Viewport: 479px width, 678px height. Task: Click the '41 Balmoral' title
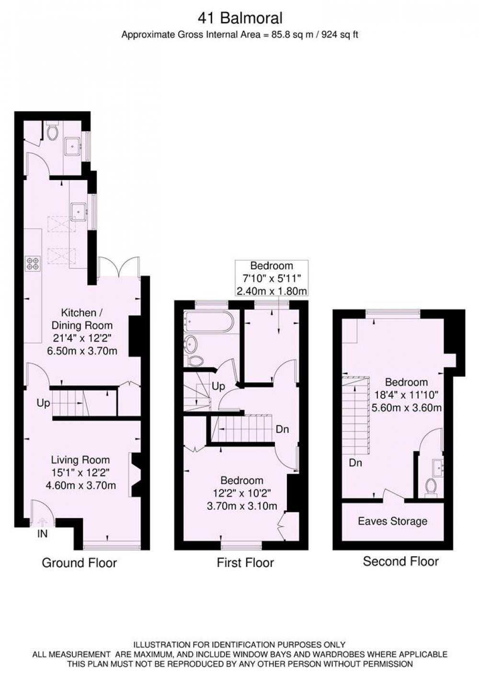[x=240, y=18]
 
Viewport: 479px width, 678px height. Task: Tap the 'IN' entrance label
[x=42, y=534]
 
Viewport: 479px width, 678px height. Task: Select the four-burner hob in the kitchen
[x=33, y=264]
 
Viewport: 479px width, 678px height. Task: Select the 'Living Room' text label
[x=80, y=460]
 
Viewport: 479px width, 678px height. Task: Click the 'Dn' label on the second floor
[x=355, y=463]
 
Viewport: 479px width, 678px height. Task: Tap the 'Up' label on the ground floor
[x=43, y=403]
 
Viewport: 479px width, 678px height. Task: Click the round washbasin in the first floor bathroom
[x=191, y=345]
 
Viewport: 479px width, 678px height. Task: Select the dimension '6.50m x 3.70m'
[x=82, y=351]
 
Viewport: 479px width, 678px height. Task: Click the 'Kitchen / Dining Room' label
[x=82, y=319]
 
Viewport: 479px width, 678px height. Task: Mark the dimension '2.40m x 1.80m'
[x=272, y=291]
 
